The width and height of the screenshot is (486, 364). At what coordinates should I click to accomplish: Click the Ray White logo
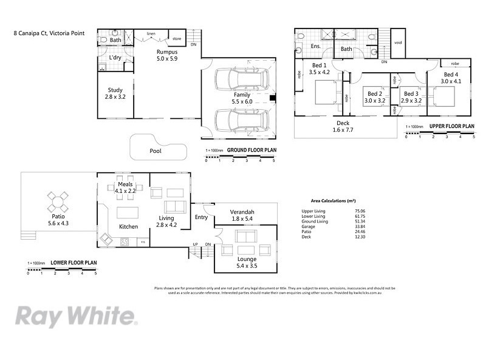click(x=76, y=316)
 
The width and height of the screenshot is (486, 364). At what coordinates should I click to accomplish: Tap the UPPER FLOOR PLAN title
click(x=451, y=126)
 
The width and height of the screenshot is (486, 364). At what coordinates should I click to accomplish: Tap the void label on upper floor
click(x=398, y=42)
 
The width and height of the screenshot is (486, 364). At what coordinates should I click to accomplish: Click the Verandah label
click(x=242, y=212)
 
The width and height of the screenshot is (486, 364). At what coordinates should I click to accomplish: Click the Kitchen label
click(x=128, y=226)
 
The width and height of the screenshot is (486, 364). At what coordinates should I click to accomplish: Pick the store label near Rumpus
click(x=176, y=39)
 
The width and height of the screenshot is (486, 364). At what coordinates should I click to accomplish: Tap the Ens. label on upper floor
click(x=316, y=46)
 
